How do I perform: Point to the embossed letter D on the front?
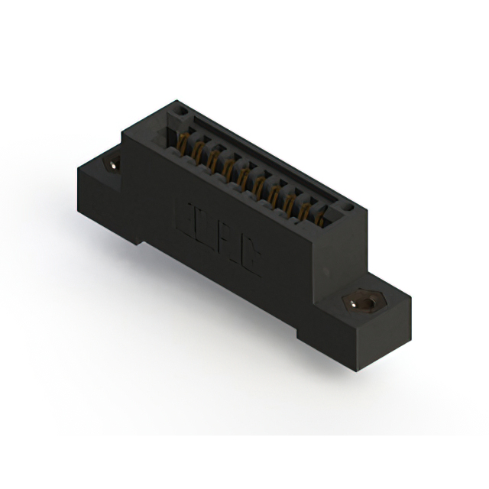coord(207,230)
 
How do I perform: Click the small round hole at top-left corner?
coord(180,110)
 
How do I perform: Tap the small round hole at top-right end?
coord(348,206)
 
